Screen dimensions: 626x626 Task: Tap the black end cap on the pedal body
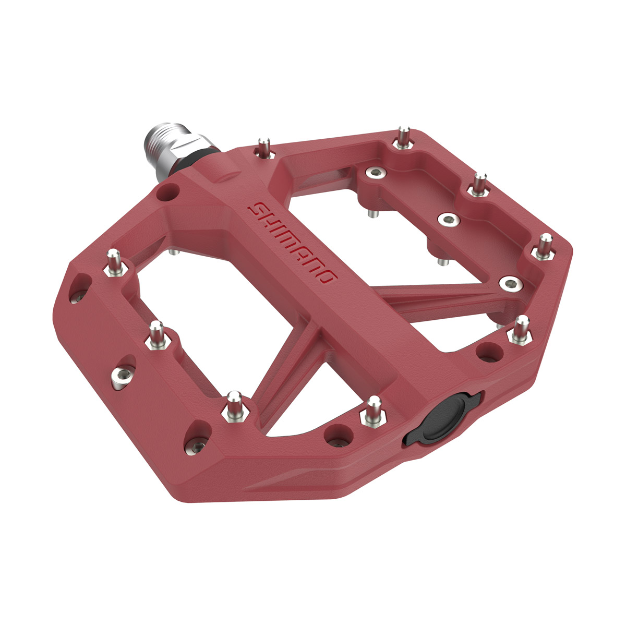442,417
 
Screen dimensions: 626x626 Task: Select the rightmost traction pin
545,245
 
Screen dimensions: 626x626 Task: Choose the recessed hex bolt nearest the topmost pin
374,173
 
